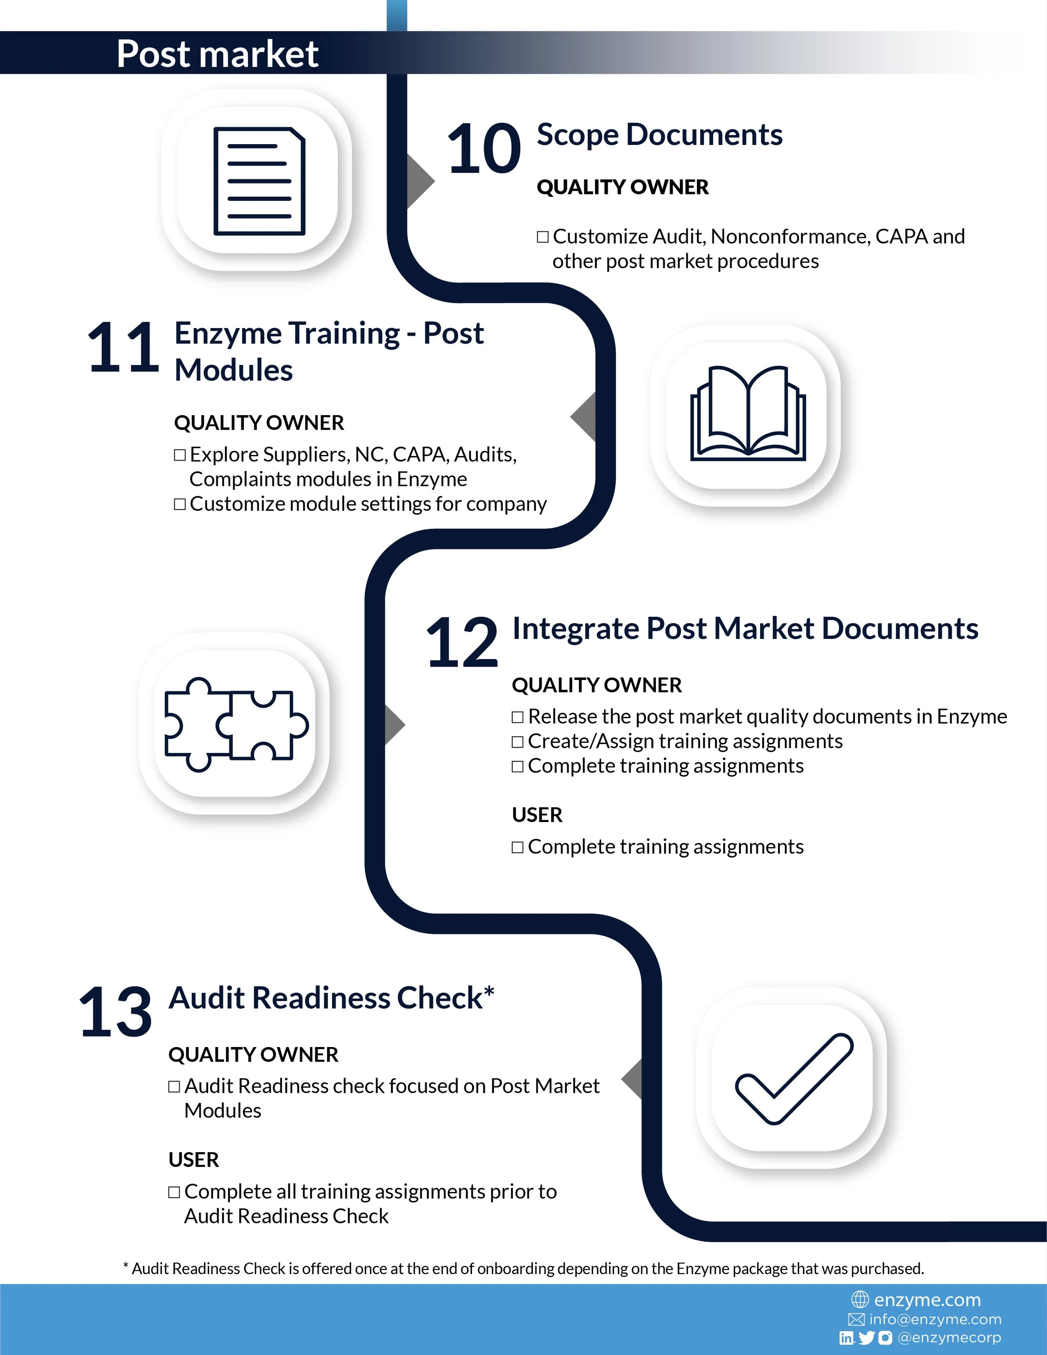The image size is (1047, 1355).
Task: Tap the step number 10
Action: pos(484,149)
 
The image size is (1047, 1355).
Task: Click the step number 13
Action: pos(115,1012)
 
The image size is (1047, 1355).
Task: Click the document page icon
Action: pos(259,181)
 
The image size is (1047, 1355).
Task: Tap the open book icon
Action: pos(748,413)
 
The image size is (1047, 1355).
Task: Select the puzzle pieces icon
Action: pos(236,724)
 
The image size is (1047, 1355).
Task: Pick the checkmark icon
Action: pos(794,1079)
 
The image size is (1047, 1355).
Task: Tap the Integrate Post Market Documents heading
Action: pos(745,628)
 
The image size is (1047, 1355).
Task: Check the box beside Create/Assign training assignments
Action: pos(517,742)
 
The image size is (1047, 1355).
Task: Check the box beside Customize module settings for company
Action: pos(180,504)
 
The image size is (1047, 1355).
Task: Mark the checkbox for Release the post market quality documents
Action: pos(517,717)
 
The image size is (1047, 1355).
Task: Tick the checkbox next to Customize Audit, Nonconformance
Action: pos(543,237)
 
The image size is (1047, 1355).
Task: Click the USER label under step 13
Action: pos(193,1160)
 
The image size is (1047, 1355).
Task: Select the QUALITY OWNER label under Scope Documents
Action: pos(623,187)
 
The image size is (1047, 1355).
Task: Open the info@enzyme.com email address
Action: pos(935,1319)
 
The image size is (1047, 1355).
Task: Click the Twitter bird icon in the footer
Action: pos(866,1338)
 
